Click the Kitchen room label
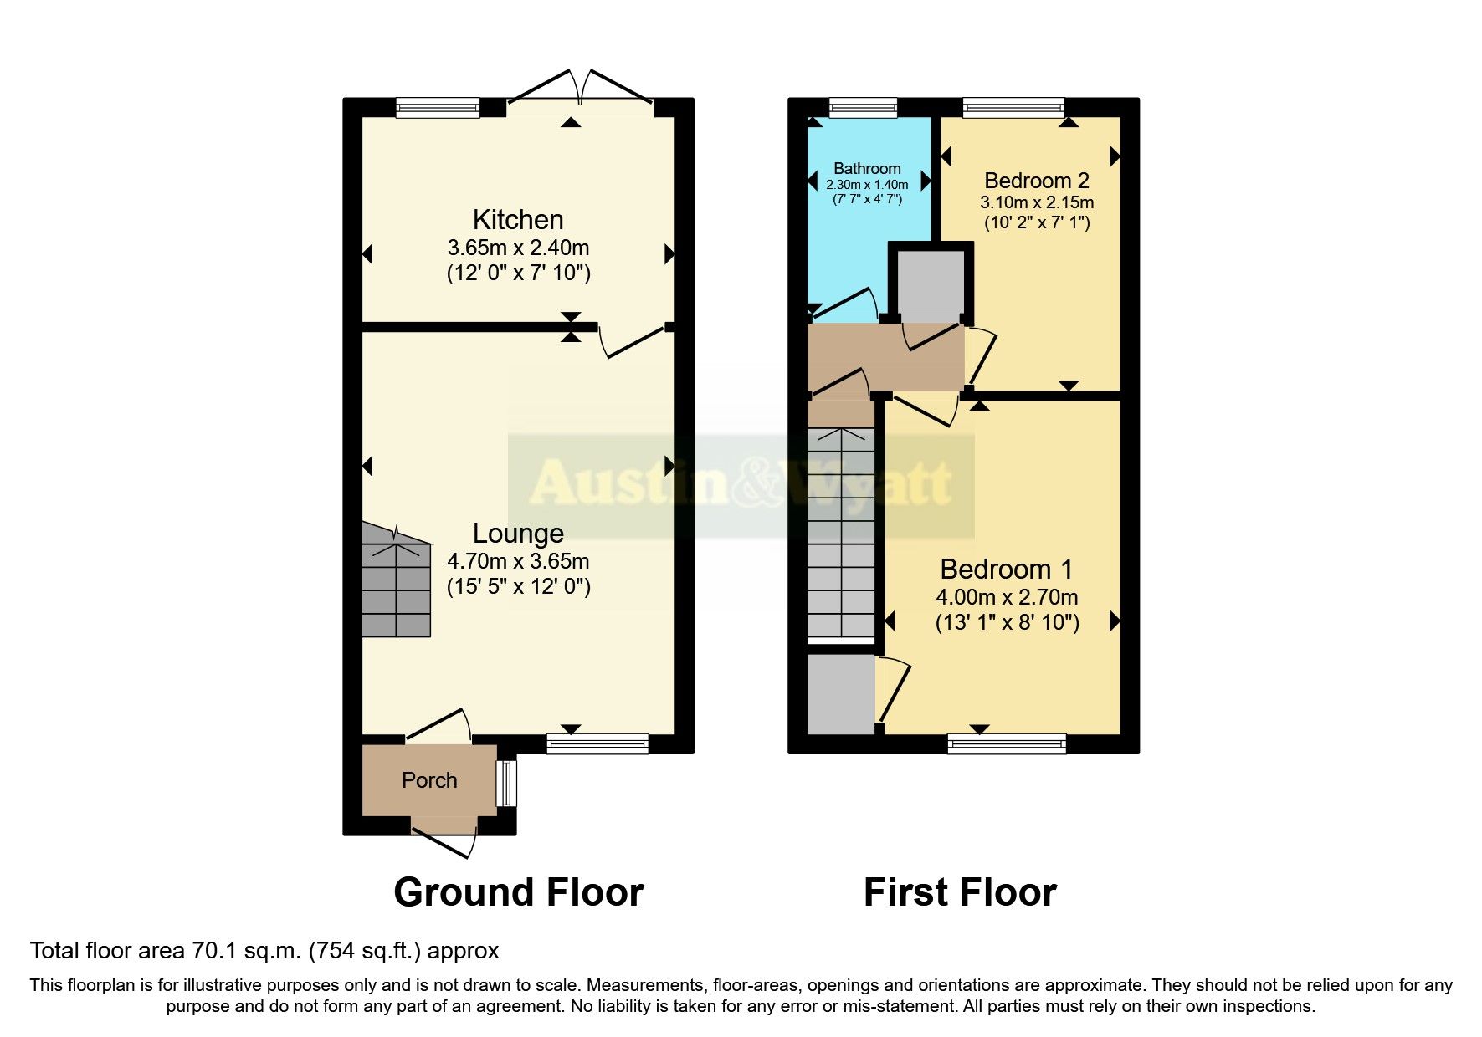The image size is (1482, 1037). pos(518,220)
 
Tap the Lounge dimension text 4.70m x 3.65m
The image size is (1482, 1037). pos(518,561)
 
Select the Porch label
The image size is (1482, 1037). pos(429,780)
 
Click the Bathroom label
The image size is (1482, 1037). pos(867,168)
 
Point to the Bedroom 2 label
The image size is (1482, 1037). pos(1036,181)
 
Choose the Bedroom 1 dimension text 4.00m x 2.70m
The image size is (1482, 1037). pos(1007,597)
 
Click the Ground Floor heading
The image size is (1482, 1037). pos(518,892)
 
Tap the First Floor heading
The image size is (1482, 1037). pos(960,892)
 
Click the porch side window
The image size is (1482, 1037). pos(506,783)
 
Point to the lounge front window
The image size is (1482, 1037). pos(597,743)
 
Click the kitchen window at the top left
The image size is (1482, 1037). pos(438,107)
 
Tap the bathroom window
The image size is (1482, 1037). pos(863,107)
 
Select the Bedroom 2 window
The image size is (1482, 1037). pos(1013,107)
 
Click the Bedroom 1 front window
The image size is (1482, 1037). pos(1007,743)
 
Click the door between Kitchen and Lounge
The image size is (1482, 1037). pos(634,341)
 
